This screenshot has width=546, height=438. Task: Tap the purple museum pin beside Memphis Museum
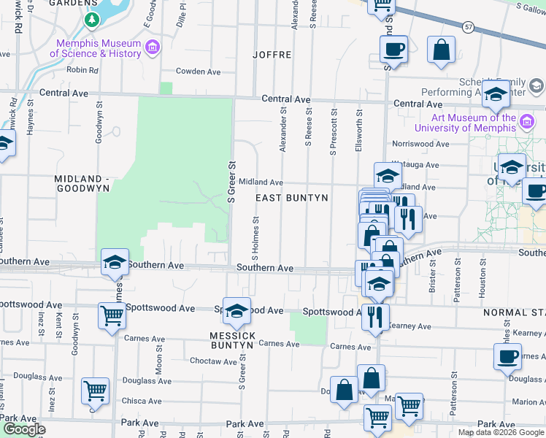click(x=152, y=48)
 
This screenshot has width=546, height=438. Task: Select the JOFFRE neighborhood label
click(x=272, y=55)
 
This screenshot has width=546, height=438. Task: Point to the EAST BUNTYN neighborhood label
click(x=292, y=198)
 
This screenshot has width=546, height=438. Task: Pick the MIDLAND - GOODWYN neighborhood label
click(x=82, y=183)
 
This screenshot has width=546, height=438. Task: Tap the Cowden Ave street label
click(x=199, y=72)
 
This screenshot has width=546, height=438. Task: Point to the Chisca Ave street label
click(x=142, y=401)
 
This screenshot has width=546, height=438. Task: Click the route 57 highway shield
click(x=468, y=27)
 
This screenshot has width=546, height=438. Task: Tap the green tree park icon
click(x=91, y=20)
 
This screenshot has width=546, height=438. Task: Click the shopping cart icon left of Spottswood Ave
click(x=112, y=316)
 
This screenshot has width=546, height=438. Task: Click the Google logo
click(x=23, y=429)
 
